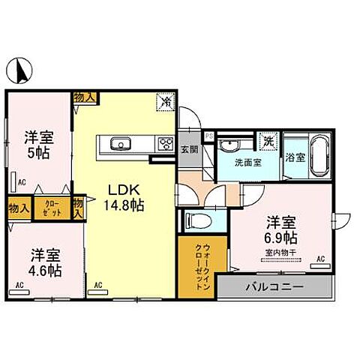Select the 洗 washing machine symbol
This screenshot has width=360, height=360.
[268, 140]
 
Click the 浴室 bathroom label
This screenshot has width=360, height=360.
[295, 157]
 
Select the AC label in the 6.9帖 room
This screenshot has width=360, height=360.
[320, 259]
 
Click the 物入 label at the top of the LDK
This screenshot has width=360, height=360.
[85, 97]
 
